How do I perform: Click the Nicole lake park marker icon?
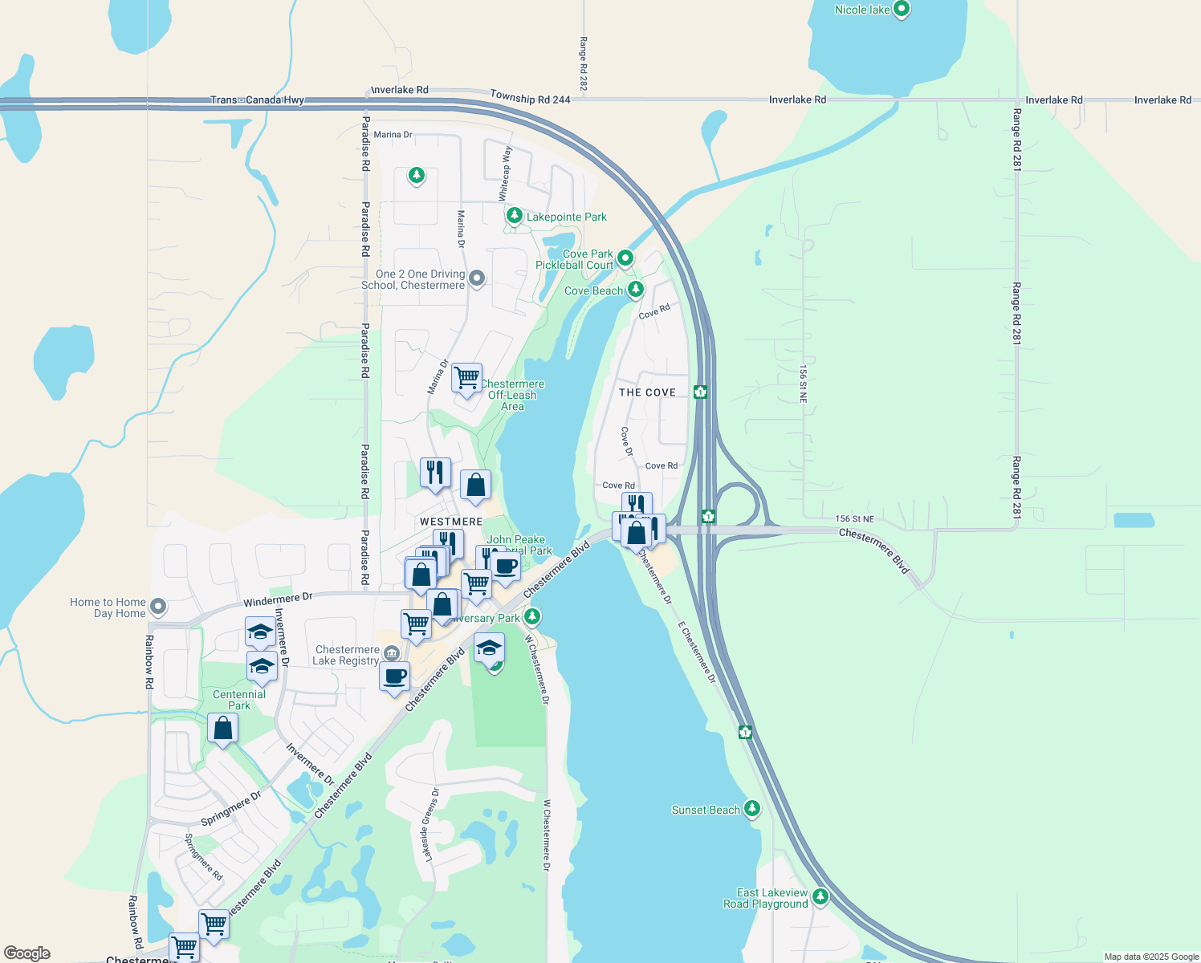(901, 9)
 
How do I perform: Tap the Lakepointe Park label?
(566, 217)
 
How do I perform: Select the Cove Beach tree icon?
(636, 288)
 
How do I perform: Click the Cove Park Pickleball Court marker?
(625, 258)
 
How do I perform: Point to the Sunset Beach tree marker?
(751, 808)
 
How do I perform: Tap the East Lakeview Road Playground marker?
(820, 896)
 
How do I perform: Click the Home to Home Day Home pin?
(158, 607)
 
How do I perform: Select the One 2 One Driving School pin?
(477, 278)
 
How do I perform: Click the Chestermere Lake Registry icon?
(391, 653)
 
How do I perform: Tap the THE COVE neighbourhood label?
(647, 392)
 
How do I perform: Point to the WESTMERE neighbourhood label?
(451, 522)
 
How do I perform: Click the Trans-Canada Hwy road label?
(257, 100)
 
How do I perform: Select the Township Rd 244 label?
(530, 98)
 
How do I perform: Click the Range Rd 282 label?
(584, 63)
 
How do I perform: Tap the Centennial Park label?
(239, 700)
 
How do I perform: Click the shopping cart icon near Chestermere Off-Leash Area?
(466, 376)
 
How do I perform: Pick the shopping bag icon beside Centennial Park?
(222, 728)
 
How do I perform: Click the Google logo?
(27, 953)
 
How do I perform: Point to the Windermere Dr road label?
(278, 599)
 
